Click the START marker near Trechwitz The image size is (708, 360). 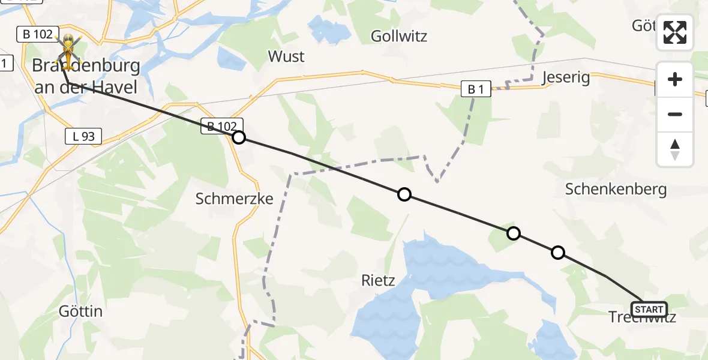pyautogui.click(x=649, y=310)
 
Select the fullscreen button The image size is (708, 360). pyautogui.click(x=675, y=32)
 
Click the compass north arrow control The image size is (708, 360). pyautogui.click(x=675, y=149)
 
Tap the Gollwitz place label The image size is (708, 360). pyautogui.click(x=399, y=36)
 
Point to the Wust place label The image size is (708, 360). pyautogui.click(x=286, y=56)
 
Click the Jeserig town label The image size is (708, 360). pyautogui.click(x=566, y=77)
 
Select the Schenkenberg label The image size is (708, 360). pyautogui.click(x=616, y=190)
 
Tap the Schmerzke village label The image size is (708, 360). pyautogui.click(x=235, y=199)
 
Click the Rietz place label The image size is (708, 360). pyautogui.click(x=378, y=280)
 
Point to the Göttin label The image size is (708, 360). pyautogui.click(x=80, y=311)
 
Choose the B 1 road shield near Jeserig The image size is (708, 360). pyautogui.click(x=476, y=89)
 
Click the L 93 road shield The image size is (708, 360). pyautogui.click(x=83, y=136)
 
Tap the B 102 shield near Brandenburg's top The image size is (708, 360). pyautogui.click(x=37, y=34)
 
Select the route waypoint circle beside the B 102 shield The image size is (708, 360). pyautogui.click(x=239, y=138)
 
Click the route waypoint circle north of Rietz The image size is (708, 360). pyautogui.click(x=404, y=194)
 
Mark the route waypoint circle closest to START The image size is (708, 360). pyautogui.click(x=558, y=253)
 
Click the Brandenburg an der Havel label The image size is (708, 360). pyautogui.click(x=86, y=76)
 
